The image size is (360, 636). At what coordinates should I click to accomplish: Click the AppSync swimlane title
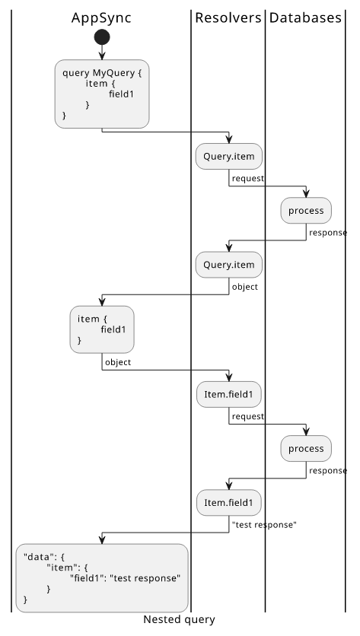click(x=101, y=18)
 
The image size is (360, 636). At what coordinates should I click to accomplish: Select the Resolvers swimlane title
click(x=228, y=17)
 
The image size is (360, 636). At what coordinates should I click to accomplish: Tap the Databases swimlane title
click(x=305, y=17)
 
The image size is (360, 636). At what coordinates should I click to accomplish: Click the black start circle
click(x=102, y=37)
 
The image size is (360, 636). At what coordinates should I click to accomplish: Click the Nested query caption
click(x=179, y=619)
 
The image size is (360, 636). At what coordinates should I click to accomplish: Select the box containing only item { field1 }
click(x=102, y=329)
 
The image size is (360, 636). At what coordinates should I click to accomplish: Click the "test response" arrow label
click(x=264, y=524)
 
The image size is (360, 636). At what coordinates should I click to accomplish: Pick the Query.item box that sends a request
click(x=229, y=156)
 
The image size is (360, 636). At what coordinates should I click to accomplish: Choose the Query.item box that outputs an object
click(x=229, y=265)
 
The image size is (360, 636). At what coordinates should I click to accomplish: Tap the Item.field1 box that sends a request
click(x=229, y=394)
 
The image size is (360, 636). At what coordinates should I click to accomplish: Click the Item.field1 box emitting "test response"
click(x=229, y=503)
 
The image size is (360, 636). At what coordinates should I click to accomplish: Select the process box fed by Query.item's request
click(x=306, y=211)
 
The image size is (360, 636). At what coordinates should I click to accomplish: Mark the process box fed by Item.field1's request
click(x=306, y=449)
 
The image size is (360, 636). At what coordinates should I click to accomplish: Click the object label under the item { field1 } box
click(x=118, y=362)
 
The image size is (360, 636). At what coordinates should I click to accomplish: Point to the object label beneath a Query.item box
click(x=245, y=287)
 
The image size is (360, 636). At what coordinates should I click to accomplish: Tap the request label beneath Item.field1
click(x=248, y=416)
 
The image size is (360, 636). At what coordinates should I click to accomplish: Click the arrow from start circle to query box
click(x=102, y=52)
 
